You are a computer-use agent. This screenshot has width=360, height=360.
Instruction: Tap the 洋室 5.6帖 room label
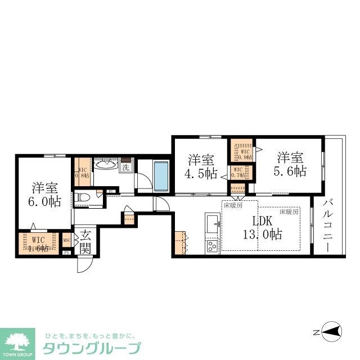pos(290,164)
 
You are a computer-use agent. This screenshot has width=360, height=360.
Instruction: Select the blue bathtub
pos(161,175)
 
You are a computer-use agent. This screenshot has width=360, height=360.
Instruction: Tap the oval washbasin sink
pos(106,165)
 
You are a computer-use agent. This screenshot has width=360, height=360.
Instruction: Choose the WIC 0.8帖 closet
pos(82,172)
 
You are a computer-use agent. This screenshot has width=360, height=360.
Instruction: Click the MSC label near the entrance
pos(67,241)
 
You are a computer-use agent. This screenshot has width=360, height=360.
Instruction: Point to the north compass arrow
pos(331,332)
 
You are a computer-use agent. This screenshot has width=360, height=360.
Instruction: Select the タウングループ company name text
pos(90,346)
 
